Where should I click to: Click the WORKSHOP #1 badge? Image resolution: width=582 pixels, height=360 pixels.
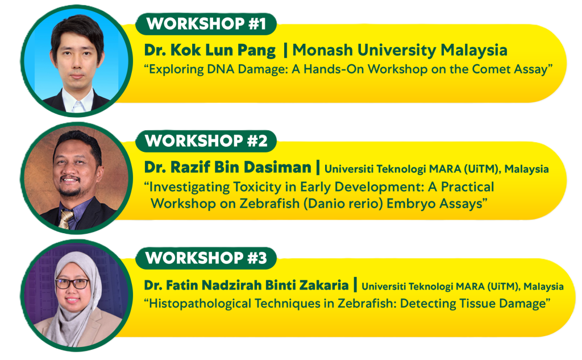tap(206, 24)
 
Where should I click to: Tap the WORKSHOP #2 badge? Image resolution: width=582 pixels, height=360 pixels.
tap(206, 141)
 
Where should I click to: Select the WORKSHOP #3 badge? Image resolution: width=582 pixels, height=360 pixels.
tap(206, 258)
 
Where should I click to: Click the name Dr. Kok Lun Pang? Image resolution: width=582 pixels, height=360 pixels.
tap(210, 51)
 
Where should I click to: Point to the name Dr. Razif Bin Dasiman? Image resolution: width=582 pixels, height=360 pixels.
tap(227, 168)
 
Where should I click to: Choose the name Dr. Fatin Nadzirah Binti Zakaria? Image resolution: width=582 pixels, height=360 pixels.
tap(247, 285)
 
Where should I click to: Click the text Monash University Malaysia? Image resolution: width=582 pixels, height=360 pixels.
tap(400, 50)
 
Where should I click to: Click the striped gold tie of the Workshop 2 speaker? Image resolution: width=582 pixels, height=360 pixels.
tap(66, 220)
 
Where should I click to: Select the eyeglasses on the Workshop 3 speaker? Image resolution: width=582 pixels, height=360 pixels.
tap(73, 284)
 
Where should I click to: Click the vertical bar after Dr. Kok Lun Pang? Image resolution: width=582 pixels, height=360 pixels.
tap(285, 51)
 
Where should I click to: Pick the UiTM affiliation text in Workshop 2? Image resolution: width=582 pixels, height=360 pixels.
tap(436, 169)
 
